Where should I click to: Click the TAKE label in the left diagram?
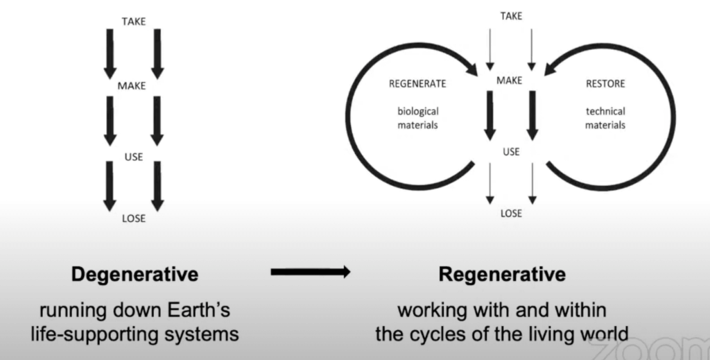[x=133, y=22]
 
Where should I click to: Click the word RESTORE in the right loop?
[x=605, y=84]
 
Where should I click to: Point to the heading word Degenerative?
[x=135, y=275]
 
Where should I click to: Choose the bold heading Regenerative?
[x=502, y=275]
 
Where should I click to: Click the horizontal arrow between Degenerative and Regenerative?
[x=311, y=273]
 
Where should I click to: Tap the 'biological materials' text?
[x=418, y=118]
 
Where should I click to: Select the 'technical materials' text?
[x=605, y=118]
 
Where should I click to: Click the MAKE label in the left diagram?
[x=132, y=87]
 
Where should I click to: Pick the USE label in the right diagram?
[x=511, y=151]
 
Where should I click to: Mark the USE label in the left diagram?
[x=133, y=157]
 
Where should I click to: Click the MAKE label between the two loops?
[x=509, y=80]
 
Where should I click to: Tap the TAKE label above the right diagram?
[x=511, y=15]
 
